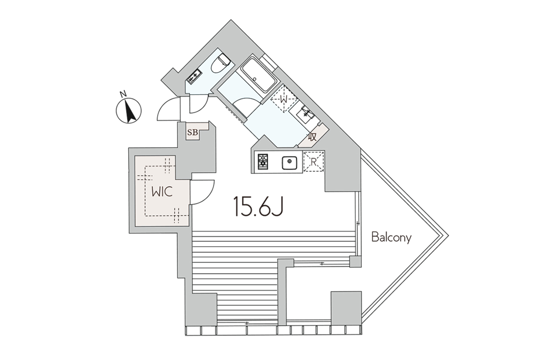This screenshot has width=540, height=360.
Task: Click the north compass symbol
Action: point(129,111)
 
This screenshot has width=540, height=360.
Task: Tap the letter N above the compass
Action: point(123,94)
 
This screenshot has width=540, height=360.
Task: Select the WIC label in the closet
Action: point(162,192)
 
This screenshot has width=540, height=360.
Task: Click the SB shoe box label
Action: point(193,132)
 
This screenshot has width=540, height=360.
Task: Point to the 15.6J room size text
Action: point(258,206)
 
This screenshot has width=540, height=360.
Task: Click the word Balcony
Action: point(391,238)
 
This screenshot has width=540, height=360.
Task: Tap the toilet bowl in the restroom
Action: point(220,63)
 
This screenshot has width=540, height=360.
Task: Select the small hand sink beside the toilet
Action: point(195,76)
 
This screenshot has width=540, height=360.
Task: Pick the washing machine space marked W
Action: point(284,99)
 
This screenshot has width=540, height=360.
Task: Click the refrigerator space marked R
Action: point(313,162)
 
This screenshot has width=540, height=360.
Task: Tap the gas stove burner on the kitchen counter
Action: point(263,162)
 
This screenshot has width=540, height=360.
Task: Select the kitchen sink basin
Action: point(289,163)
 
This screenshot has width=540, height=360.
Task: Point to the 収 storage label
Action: point(312,137)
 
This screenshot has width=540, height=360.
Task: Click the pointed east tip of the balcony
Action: point(448,236)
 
